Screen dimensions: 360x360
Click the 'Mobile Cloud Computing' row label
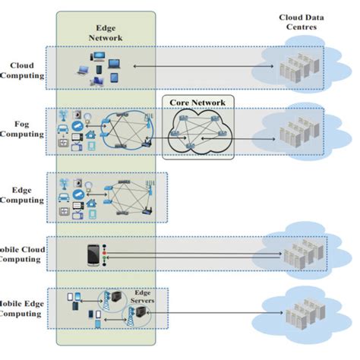[21, 253]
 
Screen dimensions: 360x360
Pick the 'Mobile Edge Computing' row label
[21, 307]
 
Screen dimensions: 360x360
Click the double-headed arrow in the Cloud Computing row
[197, 68]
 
